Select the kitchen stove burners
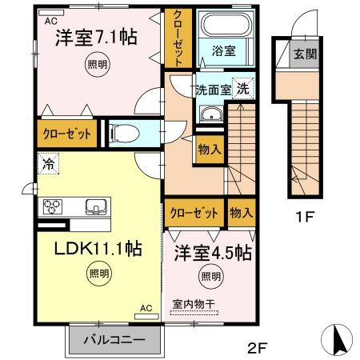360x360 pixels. pos(53,206)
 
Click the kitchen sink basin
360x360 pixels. pos(96,206)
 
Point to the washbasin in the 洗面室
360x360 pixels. pos(212,114)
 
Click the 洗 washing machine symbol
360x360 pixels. pos(243,88)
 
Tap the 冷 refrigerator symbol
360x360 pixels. pos(48,163)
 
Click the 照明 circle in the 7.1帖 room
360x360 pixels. pos(98,64)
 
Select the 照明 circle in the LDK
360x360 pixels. pos(99,274)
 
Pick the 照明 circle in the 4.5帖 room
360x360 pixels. pos(211,277)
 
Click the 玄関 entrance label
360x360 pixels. pos(306,54)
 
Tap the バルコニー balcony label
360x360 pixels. pos(114,340)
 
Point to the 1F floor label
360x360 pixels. pos(305,217)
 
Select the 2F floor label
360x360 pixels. pos(258,347)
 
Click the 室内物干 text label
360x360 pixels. pos(194,304)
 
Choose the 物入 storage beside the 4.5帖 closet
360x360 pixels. pos(242,213)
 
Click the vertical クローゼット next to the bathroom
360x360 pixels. pos(178,38)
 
